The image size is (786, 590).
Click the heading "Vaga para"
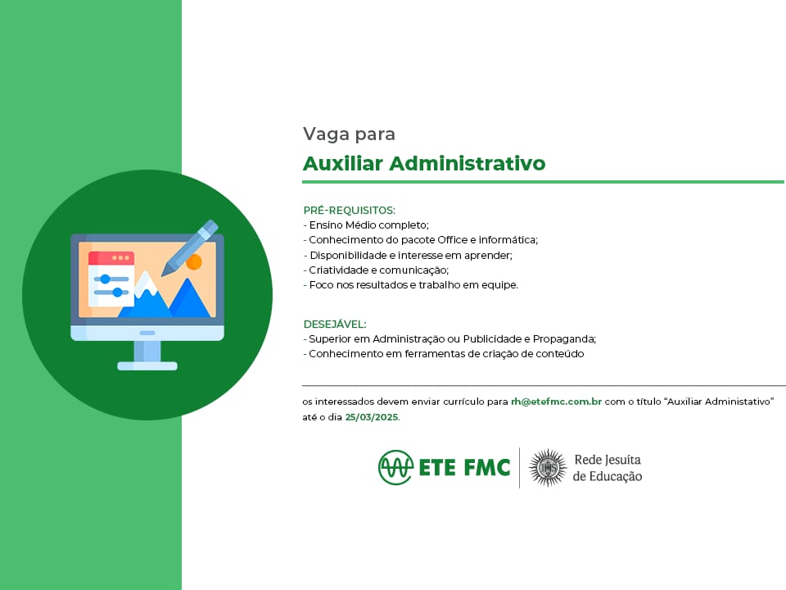(x=349, y=134)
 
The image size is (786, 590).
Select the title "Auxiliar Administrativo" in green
(x=424, y=164)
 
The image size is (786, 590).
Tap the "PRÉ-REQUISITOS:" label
(x=350, y=211)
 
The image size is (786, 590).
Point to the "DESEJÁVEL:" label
(x=335, y=324)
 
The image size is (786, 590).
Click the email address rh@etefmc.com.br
(x=556, y=402)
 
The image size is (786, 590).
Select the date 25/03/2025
(x=372, y=417)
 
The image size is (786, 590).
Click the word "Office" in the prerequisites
(x=452, y=240)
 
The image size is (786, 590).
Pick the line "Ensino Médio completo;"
(x=368, y=225)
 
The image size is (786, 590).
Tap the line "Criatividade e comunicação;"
(x=378, y=270)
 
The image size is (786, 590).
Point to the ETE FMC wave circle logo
(x=395, y=467)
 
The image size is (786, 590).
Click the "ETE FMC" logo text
(x=464, y=467)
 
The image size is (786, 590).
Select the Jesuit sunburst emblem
(x=548, y=468)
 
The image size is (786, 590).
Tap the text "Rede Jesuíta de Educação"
(x=608, y=468)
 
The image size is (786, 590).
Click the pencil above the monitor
(x=189, y=247)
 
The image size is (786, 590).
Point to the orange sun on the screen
(x=194, y=262)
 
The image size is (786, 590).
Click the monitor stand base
(x=147, y=366)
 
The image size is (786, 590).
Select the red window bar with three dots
(x=111, y=258)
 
